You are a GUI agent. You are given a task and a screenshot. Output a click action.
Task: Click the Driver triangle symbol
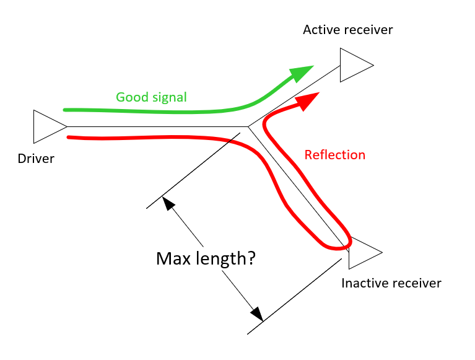point(46,126)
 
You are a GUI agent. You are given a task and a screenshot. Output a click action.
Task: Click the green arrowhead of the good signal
point(302,72)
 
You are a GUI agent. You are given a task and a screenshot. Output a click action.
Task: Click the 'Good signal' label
point(151,97)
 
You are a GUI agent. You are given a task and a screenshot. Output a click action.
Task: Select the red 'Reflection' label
point(334,155)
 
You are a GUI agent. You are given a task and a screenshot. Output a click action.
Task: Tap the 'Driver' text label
point(36,159)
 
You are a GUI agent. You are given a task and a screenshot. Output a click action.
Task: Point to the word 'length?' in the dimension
point(225,259)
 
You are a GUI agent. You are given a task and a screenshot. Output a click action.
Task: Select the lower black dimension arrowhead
point(256,314)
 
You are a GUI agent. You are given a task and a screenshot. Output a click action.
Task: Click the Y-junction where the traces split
point(248,127)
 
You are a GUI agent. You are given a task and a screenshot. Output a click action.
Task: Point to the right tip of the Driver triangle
point(66,126)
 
